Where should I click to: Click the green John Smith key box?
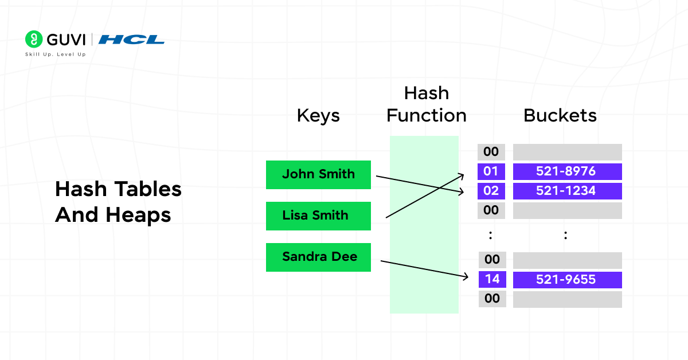[x=318, y=174]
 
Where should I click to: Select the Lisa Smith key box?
[x=318, y=216]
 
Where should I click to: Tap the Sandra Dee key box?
[x=318, y=257]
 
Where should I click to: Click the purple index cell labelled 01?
[x=491, y=171]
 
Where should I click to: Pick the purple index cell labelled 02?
[x=491, y=191]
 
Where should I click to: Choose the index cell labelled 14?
[x=491, y=279]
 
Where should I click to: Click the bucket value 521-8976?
[x=566, y=171]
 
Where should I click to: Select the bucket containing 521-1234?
[x=566, y=191]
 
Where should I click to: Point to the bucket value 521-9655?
[x=566, y=279]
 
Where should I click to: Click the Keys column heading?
[x=318, y=116]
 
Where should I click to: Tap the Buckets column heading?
[x=560, y=116]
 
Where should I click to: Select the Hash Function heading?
[x=426, y=104]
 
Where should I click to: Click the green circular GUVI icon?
[x=34, y=40]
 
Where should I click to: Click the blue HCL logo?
[x=131, y=40]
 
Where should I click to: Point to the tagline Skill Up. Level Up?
[x=55, y=54]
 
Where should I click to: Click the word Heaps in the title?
[x=138, y=215]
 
